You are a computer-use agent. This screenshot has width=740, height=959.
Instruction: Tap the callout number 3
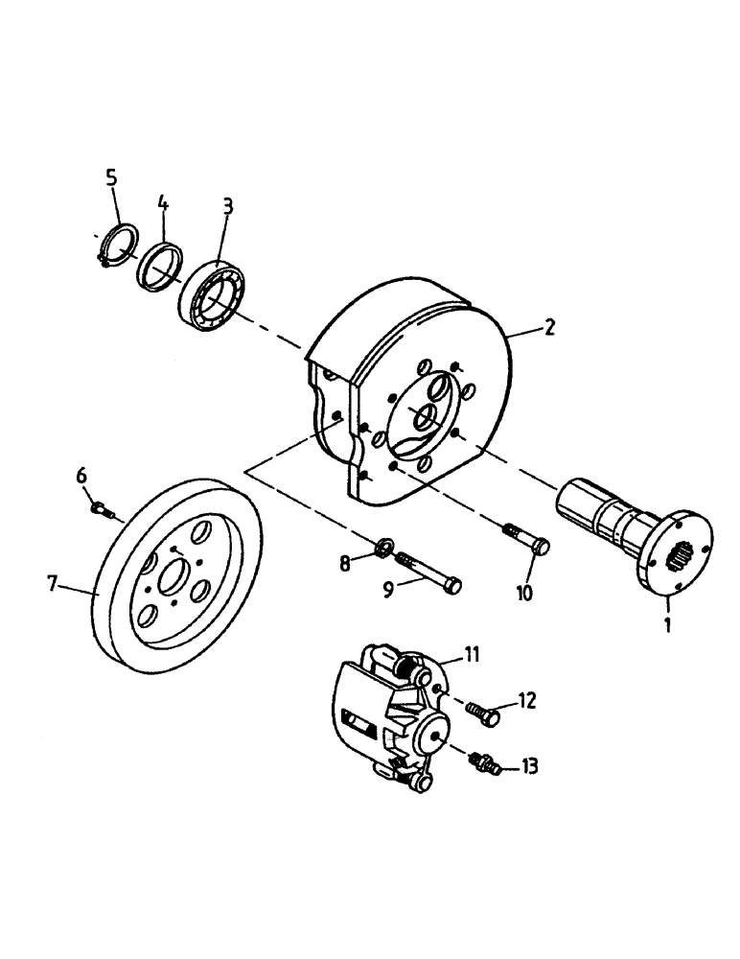(227, 207)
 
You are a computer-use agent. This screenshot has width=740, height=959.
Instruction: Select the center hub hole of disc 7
(178, 579)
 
